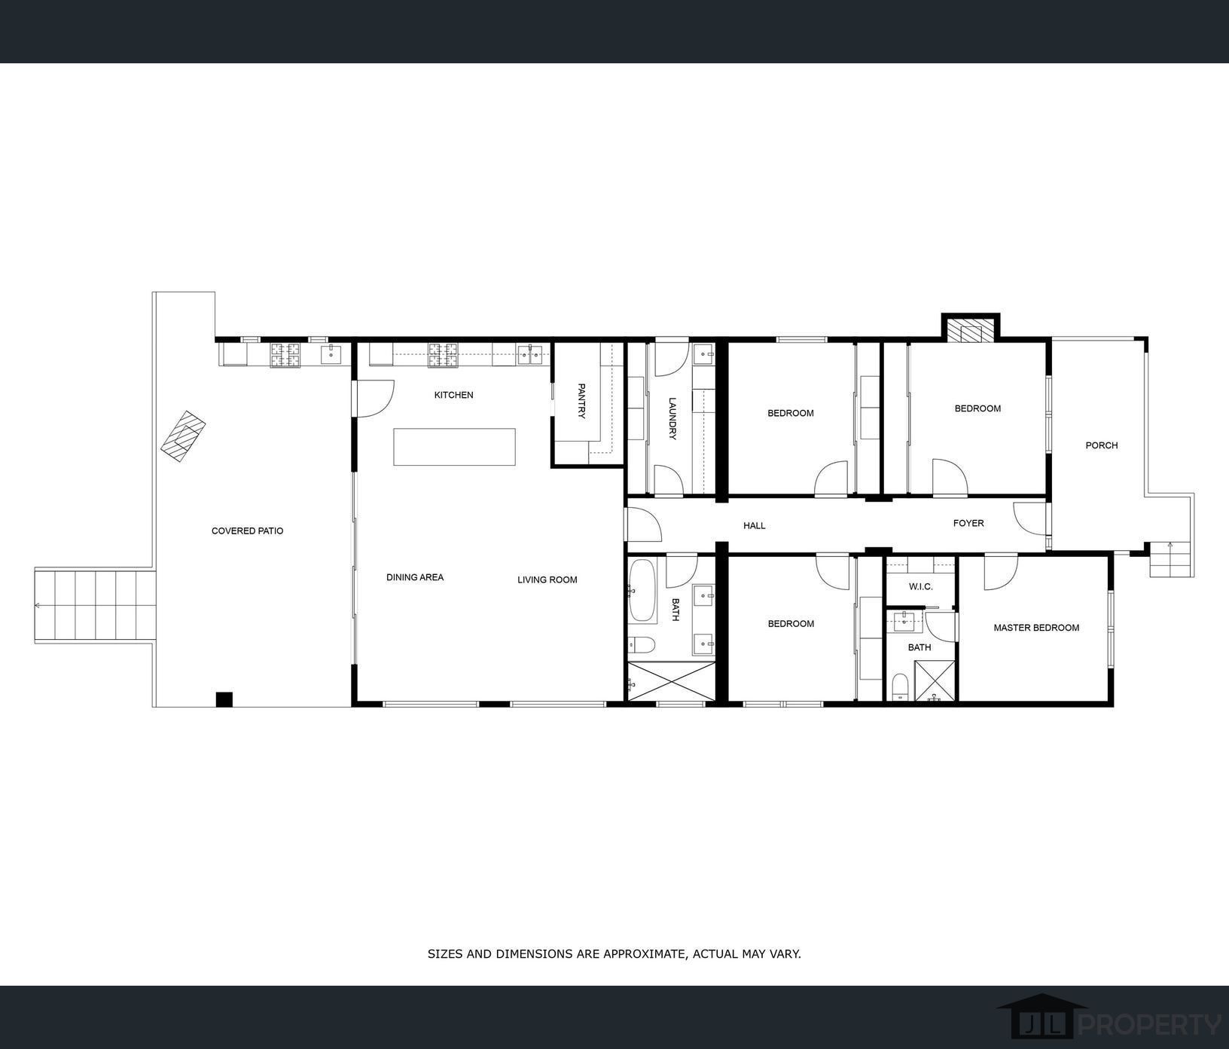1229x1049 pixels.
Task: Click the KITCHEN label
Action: coord(453,395)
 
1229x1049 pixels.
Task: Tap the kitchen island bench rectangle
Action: coord(454,447)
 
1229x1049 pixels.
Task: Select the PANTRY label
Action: coord(581,401)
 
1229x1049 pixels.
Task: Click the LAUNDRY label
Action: coord(672,419)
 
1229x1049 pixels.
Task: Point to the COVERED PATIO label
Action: coord(247,531)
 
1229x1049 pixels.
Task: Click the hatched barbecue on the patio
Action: coord(183,436)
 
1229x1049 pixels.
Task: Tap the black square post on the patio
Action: coord(224,699)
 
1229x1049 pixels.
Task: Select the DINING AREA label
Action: coord(415,577)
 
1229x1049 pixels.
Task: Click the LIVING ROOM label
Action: coord(547,580)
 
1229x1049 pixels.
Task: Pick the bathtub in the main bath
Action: coord(642,591)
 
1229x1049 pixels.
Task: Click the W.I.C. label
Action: coord(920,586)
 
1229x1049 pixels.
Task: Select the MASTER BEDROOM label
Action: coord(1035,628)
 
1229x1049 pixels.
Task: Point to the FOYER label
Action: coord(968,523)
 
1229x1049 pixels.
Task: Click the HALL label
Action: coord(754,525)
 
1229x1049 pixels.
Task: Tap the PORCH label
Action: coord(1101,445)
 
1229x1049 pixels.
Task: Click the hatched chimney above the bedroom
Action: coord(970,331)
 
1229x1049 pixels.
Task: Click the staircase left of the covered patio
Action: coord(95,607)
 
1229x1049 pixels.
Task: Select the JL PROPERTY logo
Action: coord(1108,1023)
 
